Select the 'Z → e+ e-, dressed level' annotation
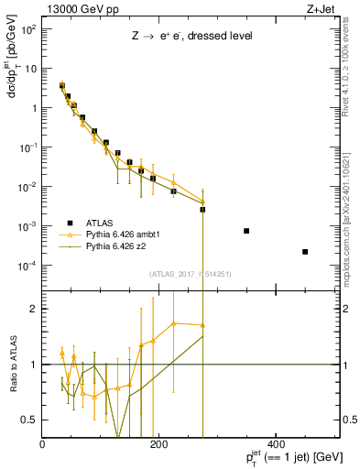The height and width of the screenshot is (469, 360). click(191, 36)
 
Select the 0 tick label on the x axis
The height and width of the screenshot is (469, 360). click(43, 444)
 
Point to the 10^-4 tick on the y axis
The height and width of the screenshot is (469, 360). click(28, 266)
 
